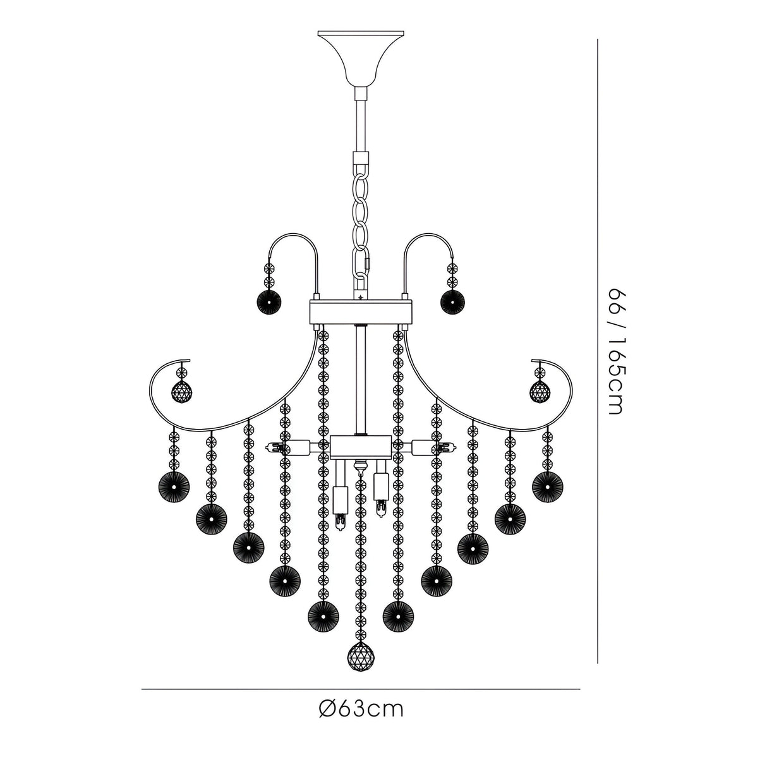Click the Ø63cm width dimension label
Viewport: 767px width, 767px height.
click(x=361, y=709)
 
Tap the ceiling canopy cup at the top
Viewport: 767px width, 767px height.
click(x=361, y=57)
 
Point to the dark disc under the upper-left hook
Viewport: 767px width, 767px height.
click(x=267, y=302)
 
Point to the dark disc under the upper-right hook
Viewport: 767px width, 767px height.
click(x=453, y=302)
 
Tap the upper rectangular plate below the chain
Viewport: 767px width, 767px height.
click(x=361, y=311)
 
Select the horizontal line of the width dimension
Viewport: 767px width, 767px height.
click(x=361, y=689)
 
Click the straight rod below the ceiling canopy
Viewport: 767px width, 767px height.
click(x=361, y=123)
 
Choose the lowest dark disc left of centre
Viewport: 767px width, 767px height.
click(x=323, y=613)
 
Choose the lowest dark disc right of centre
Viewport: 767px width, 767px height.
click(x=398, y=613)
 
